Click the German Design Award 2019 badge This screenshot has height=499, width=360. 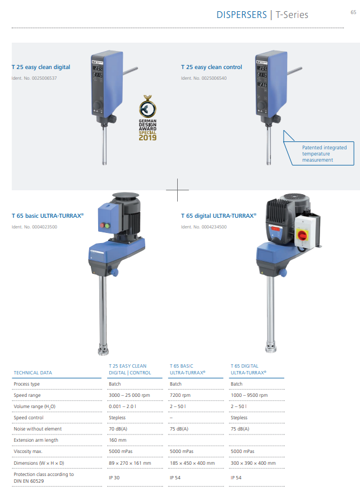point(147,118)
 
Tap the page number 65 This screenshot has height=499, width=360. point(353,12)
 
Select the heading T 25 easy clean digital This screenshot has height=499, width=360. point(41,67)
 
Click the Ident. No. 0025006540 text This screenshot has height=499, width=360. point(204,78)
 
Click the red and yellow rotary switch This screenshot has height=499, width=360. point(302,235)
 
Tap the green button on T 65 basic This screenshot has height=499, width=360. point(108,226)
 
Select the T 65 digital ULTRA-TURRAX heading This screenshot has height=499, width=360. point(219,216)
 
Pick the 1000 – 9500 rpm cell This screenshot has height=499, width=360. point(249,395)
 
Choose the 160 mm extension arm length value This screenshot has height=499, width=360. point(118,440)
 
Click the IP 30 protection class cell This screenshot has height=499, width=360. point(114,478)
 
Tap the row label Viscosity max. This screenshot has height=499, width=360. point(28,451)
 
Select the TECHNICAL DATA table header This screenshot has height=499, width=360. point(33,373)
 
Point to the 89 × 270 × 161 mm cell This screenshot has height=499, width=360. point(130,463)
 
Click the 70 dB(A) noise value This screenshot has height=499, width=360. point(118,429)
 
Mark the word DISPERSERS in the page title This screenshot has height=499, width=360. point(242,15)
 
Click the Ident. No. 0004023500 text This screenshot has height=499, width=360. point(34,227)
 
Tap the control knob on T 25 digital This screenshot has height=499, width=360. point(98,105)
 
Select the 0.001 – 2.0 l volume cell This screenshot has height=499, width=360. point(122,406)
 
